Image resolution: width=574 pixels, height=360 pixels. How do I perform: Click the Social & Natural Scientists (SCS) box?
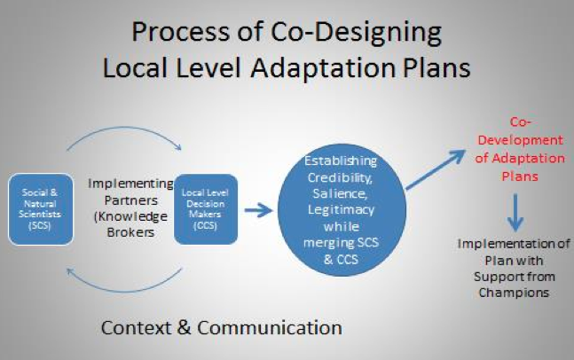[37, 209]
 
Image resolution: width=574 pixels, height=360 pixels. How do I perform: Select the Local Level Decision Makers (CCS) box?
[206, 209]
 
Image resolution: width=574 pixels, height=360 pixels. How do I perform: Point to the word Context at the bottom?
[139, 327]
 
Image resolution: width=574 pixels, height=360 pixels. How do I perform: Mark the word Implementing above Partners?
[130, 184]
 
